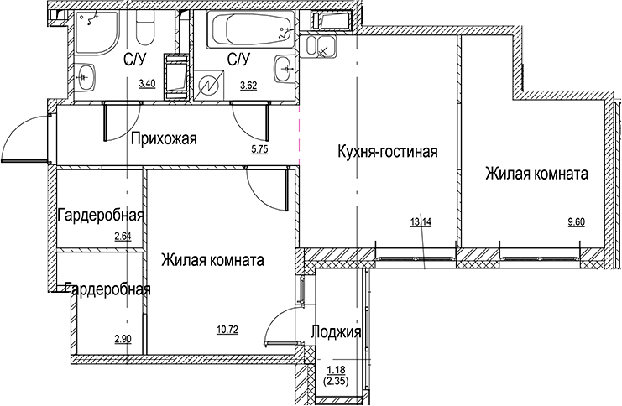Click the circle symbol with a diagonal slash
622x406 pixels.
click(210, 86)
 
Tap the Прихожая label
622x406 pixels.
click(163, 139)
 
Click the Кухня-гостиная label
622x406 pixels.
click(387, 152)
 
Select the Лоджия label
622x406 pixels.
click(336, 332)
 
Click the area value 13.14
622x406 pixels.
click(421, 222)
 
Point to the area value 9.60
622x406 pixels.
click(577, 222)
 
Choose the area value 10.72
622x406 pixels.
click(227, 330)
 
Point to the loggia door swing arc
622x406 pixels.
click(280, 323)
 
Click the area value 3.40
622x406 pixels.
click(146, 84)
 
